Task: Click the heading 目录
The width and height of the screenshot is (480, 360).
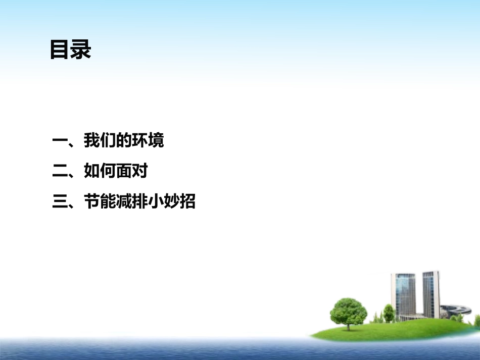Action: click(x=71, y=50)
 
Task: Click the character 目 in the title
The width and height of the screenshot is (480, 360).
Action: click(x=60, y=50)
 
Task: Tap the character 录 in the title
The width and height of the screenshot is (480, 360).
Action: click(x=81, y=50)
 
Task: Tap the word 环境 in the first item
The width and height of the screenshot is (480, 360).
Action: click(x=148, y=141)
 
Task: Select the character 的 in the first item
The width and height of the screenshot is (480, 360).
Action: click(x=123, y=141)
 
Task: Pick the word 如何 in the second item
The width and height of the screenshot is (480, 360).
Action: click(x=100, y=172)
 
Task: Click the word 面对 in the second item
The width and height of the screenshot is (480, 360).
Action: click(x=131, y=172)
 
